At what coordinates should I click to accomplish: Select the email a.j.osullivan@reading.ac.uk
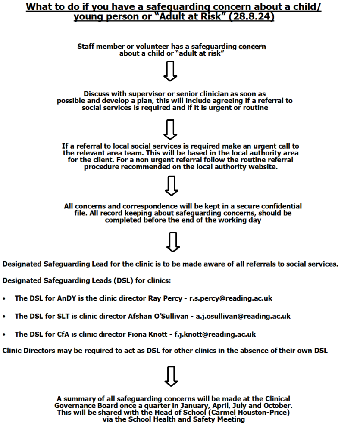(243, 316)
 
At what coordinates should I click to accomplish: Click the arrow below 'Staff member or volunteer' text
(171, 71)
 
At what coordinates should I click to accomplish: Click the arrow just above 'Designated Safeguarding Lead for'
(172, 242)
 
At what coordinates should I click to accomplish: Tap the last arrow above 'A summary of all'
(172, 376)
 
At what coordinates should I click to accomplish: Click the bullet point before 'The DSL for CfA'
(4, 335)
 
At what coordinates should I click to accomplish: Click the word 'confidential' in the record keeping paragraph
(278, 206)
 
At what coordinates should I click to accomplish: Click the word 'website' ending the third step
(262, 167)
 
